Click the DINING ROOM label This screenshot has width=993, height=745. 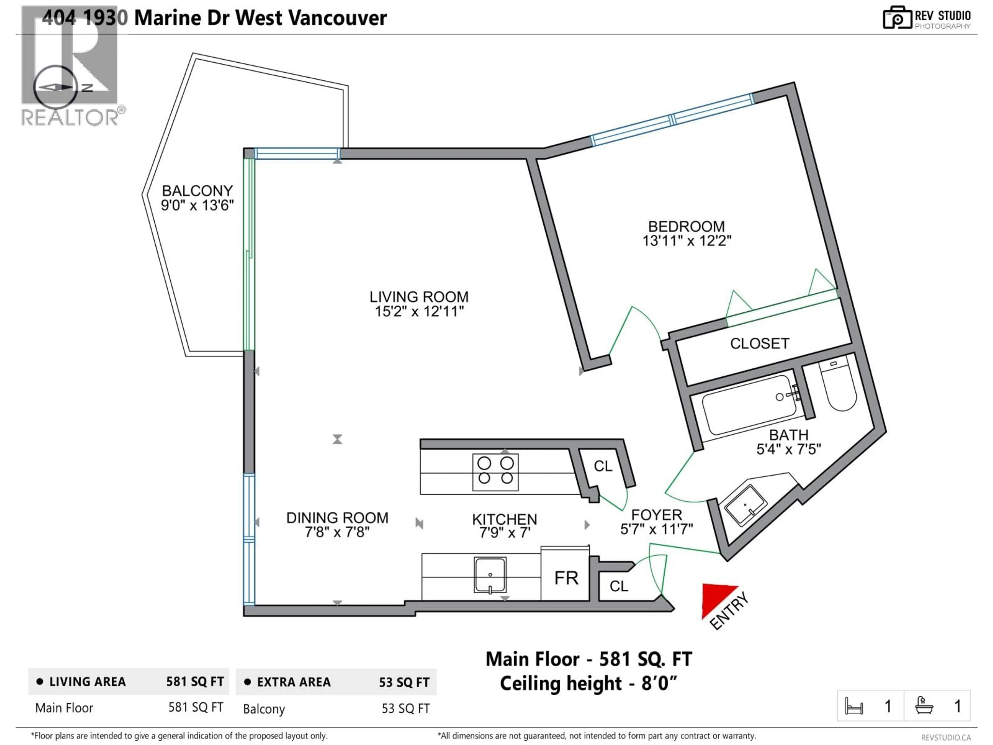pos(337,518)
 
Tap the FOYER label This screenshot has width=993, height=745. pos(656,515)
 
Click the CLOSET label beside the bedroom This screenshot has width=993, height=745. pos(759,344)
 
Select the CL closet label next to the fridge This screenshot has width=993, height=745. pos(619,586)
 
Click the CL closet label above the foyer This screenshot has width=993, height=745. pos(603,466)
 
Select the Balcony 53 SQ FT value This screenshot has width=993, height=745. pos(405,709)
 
